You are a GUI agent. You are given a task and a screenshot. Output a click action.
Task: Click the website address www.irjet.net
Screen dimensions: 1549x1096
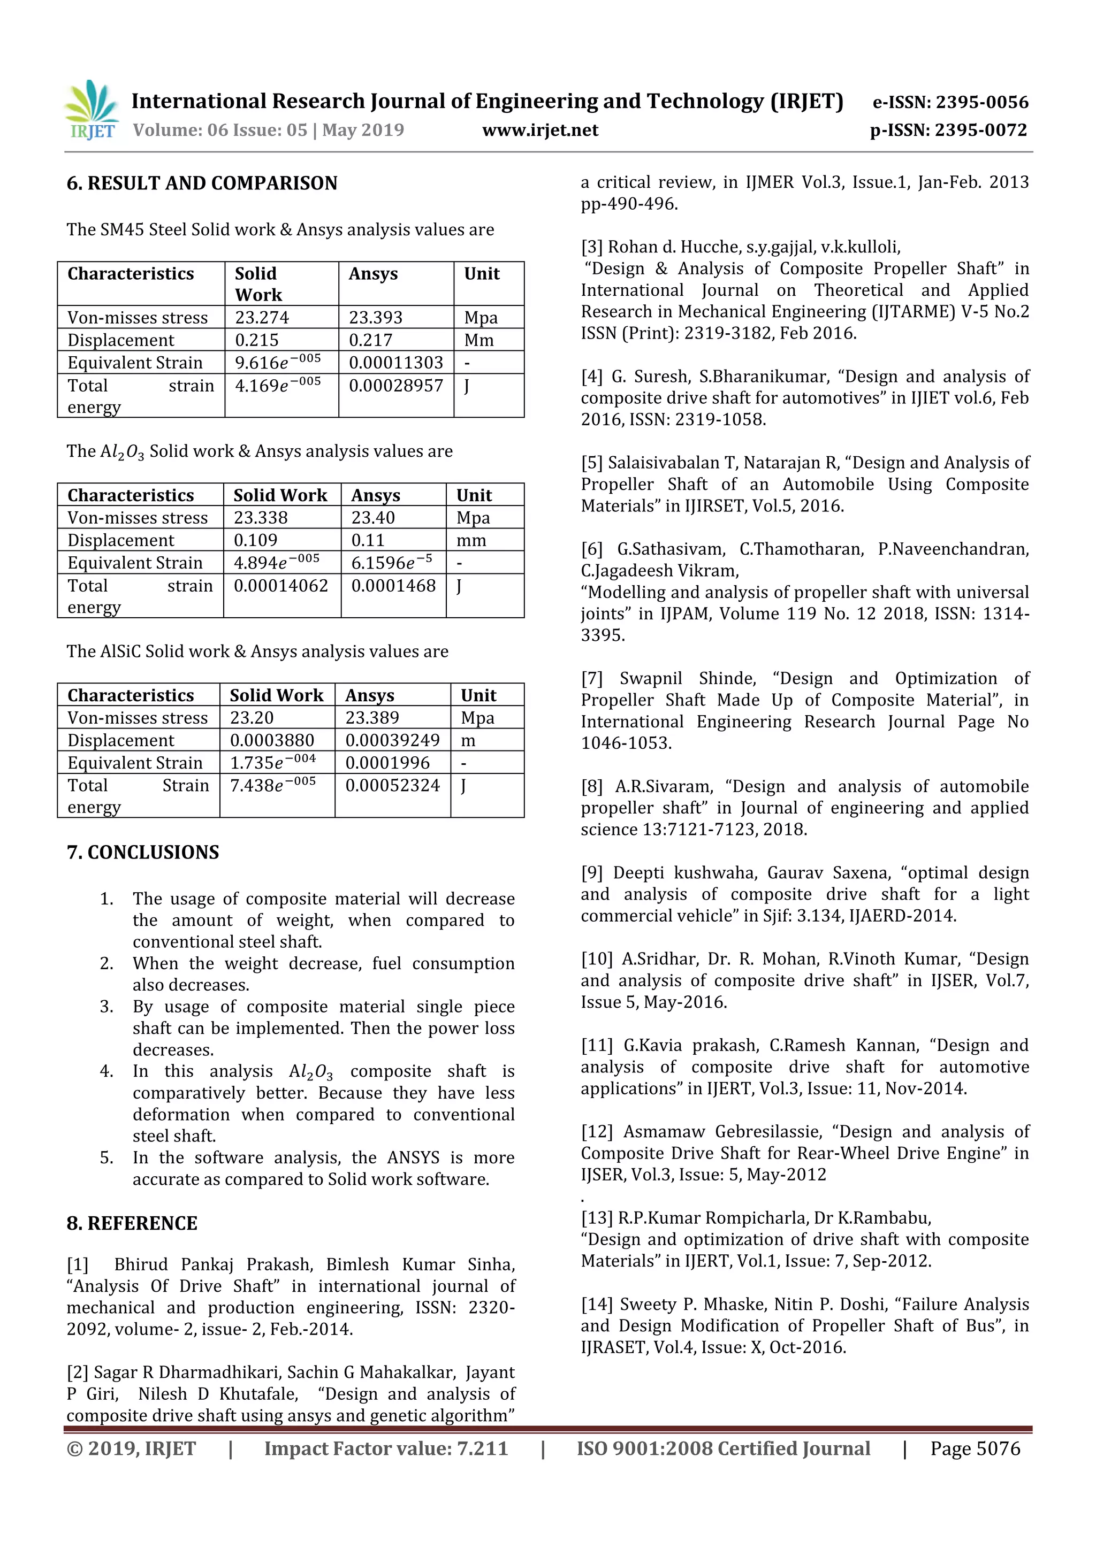click(540, 130)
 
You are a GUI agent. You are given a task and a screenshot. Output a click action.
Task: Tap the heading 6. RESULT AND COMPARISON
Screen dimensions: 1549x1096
click(202, 183)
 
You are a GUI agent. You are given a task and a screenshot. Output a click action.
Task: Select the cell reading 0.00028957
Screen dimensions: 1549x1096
click(395, 385)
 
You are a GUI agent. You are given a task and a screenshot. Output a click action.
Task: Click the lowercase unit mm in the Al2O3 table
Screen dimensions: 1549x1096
click(471, 540)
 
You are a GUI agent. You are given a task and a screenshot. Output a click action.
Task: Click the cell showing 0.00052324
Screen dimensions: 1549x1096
click(392, 785)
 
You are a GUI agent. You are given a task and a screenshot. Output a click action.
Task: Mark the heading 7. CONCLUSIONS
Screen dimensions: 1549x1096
click(143, 852)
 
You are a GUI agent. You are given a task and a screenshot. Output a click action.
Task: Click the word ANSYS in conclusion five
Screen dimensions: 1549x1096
click(414, 1157)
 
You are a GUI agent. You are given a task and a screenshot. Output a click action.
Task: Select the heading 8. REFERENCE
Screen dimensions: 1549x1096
click(132, 1223)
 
